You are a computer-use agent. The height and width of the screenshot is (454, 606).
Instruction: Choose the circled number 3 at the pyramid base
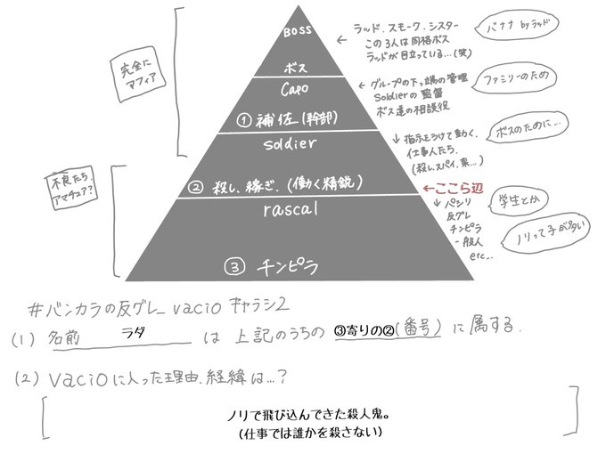[231, 264]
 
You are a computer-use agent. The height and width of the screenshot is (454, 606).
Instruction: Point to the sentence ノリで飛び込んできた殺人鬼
[303, 416]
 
